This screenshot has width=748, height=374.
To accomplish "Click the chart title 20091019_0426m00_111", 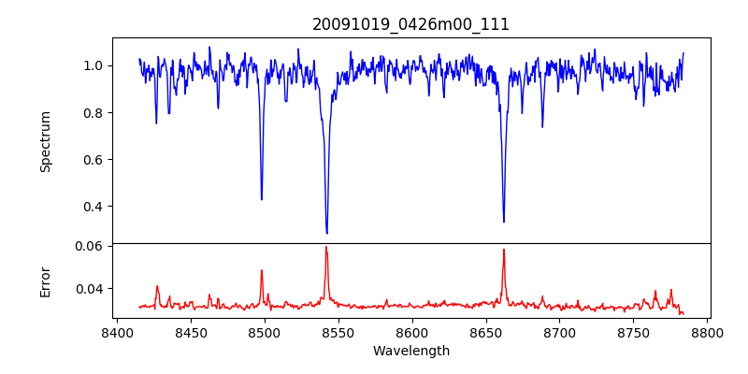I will [x=410, y=24].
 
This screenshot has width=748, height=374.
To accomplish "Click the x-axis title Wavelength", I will [x=410, y=352].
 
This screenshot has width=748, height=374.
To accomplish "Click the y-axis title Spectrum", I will [x=45, y=141].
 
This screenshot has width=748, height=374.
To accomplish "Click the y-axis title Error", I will [x=45, y=280].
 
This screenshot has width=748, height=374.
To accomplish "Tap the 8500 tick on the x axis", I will [x=264, y=333].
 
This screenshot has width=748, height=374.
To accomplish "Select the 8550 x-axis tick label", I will [x=338, y=333].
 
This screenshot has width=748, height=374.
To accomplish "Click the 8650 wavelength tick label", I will [x=485, y=333].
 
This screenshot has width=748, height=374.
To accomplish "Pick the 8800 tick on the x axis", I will [x=707, y=333].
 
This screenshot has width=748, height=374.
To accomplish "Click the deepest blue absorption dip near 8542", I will [x=326, y=233].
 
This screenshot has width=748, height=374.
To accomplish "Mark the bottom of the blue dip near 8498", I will [x=262, y=199].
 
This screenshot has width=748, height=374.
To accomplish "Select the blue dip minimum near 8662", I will [x=504, y=222].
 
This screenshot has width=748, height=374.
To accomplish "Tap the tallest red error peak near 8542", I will [x=326, y=247].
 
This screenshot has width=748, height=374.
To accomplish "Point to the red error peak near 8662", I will [x=504, y=250].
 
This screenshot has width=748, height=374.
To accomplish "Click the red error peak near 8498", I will [x=262, y=270].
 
